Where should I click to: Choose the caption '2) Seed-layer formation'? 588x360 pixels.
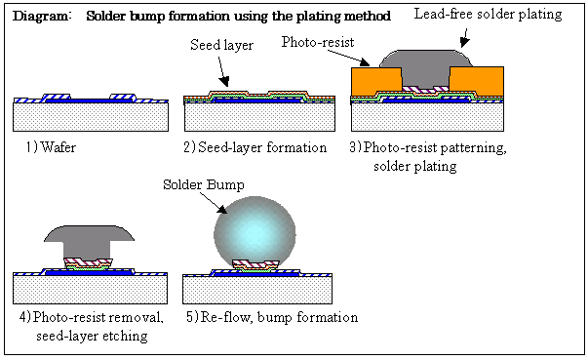coord(255,147)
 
